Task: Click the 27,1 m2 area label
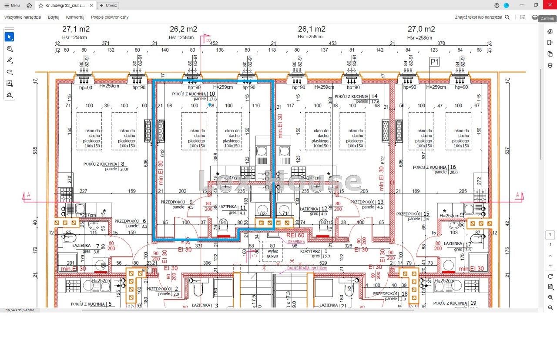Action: (x=76, y=29)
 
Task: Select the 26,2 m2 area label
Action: (x=183, y=29)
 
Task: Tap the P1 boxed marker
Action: (x=434, y=62)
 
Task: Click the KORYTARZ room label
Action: (x=310, y=251)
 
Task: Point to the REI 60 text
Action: (x=295, y=235)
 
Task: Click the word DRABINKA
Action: (x=295, y=241)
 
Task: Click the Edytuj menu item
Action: (x=54, y=17)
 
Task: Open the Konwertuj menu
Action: (x=75, y=17)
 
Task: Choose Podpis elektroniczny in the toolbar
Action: (x=110, y=17)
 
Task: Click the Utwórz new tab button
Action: (x=108, y=6)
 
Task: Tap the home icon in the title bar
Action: (x=29, y=6)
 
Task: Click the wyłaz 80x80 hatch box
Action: (x=272, y=253)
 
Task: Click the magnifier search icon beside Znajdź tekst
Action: (x=507, y=17)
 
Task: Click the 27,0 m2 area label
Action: (x=421, y=29)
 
